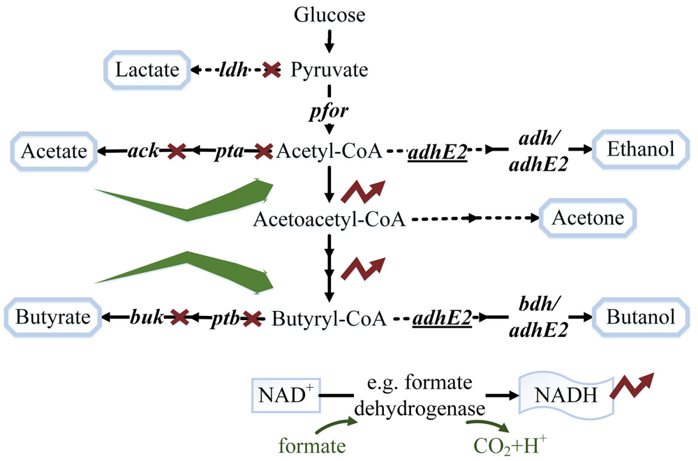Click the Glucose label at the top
329,15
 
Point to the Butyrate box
48,318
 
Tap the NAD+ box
281,395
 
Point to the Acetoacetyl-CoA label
330,219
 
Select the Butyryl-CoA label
328,319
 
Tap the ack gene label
142,150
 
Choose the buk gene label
144,318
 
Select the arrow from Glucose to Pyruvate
329,42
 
